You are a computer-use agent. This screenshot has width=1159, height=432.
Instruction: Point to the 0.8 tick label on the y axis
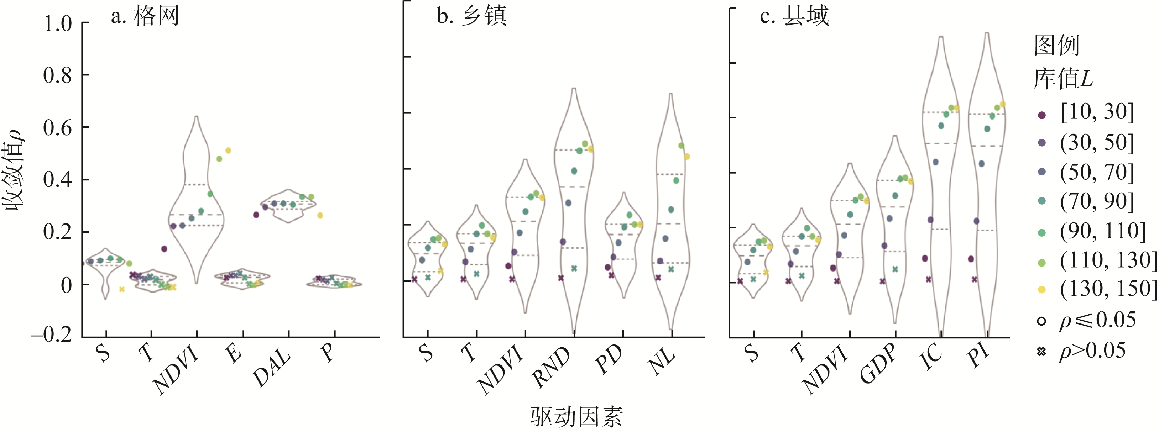click(58, 75)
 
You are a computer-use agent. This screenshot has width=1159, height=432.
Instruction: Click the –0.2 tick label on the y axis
click(52, 335)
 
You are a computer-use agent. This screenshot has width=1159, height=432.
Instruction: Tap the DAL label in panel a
click(272, 369)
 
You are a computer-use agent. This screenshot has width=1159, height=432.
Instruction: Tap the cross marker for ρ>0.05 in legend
click(1041, 351)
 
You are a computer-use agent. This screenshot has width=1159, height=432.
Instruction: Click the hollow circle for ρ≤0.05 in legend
click(1041, 321)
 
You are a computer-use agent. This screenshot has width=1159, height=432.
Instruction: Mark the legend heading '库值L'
click(1063, 79)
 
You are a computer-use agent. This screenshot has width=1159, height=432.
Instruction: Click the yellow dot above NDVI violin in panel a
click(228, 151)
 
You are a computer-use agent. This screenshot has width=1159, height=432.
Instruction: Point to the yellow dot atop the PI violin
click(1002, 105)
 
